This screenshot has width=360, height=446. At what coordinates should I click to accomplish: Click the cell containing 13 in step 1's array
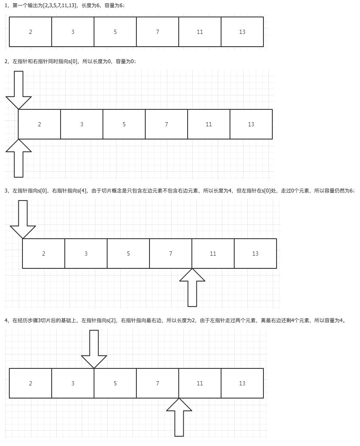click(x=242, y=32)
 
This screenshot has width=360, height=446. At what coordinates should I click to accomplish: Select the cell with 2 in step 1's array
click(x=30, y=32)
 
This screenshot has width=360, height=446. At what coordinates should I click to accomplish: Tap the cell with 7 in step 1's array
click(x=158, y=32)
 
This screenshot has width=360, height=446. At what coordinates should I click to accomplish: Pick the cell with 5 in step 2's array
click(x=124, y=124)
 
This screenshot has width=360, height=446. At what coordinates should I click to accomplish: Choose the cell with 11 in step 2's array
click(x=209, y=124)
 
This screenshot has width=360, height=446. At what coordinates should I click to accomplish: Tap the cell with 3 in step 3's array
click(x=86, y=254)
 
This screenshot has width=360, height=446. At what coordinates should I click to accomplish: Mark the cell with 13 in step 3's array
click(x=255, y=254)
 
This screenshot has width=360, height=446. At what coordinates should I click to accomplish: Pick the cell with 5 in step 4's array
click(x=115, y=383)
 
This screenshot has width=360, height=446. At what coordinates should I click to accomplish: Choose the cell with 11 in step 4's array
click(x=200, y=383)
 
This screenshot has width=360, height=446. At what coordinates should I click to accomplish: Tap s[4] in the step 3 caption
click(x=82, y=191)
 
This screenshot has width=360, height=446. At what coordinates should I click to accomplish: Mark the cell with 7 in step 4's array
click(x=158, y=383)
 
